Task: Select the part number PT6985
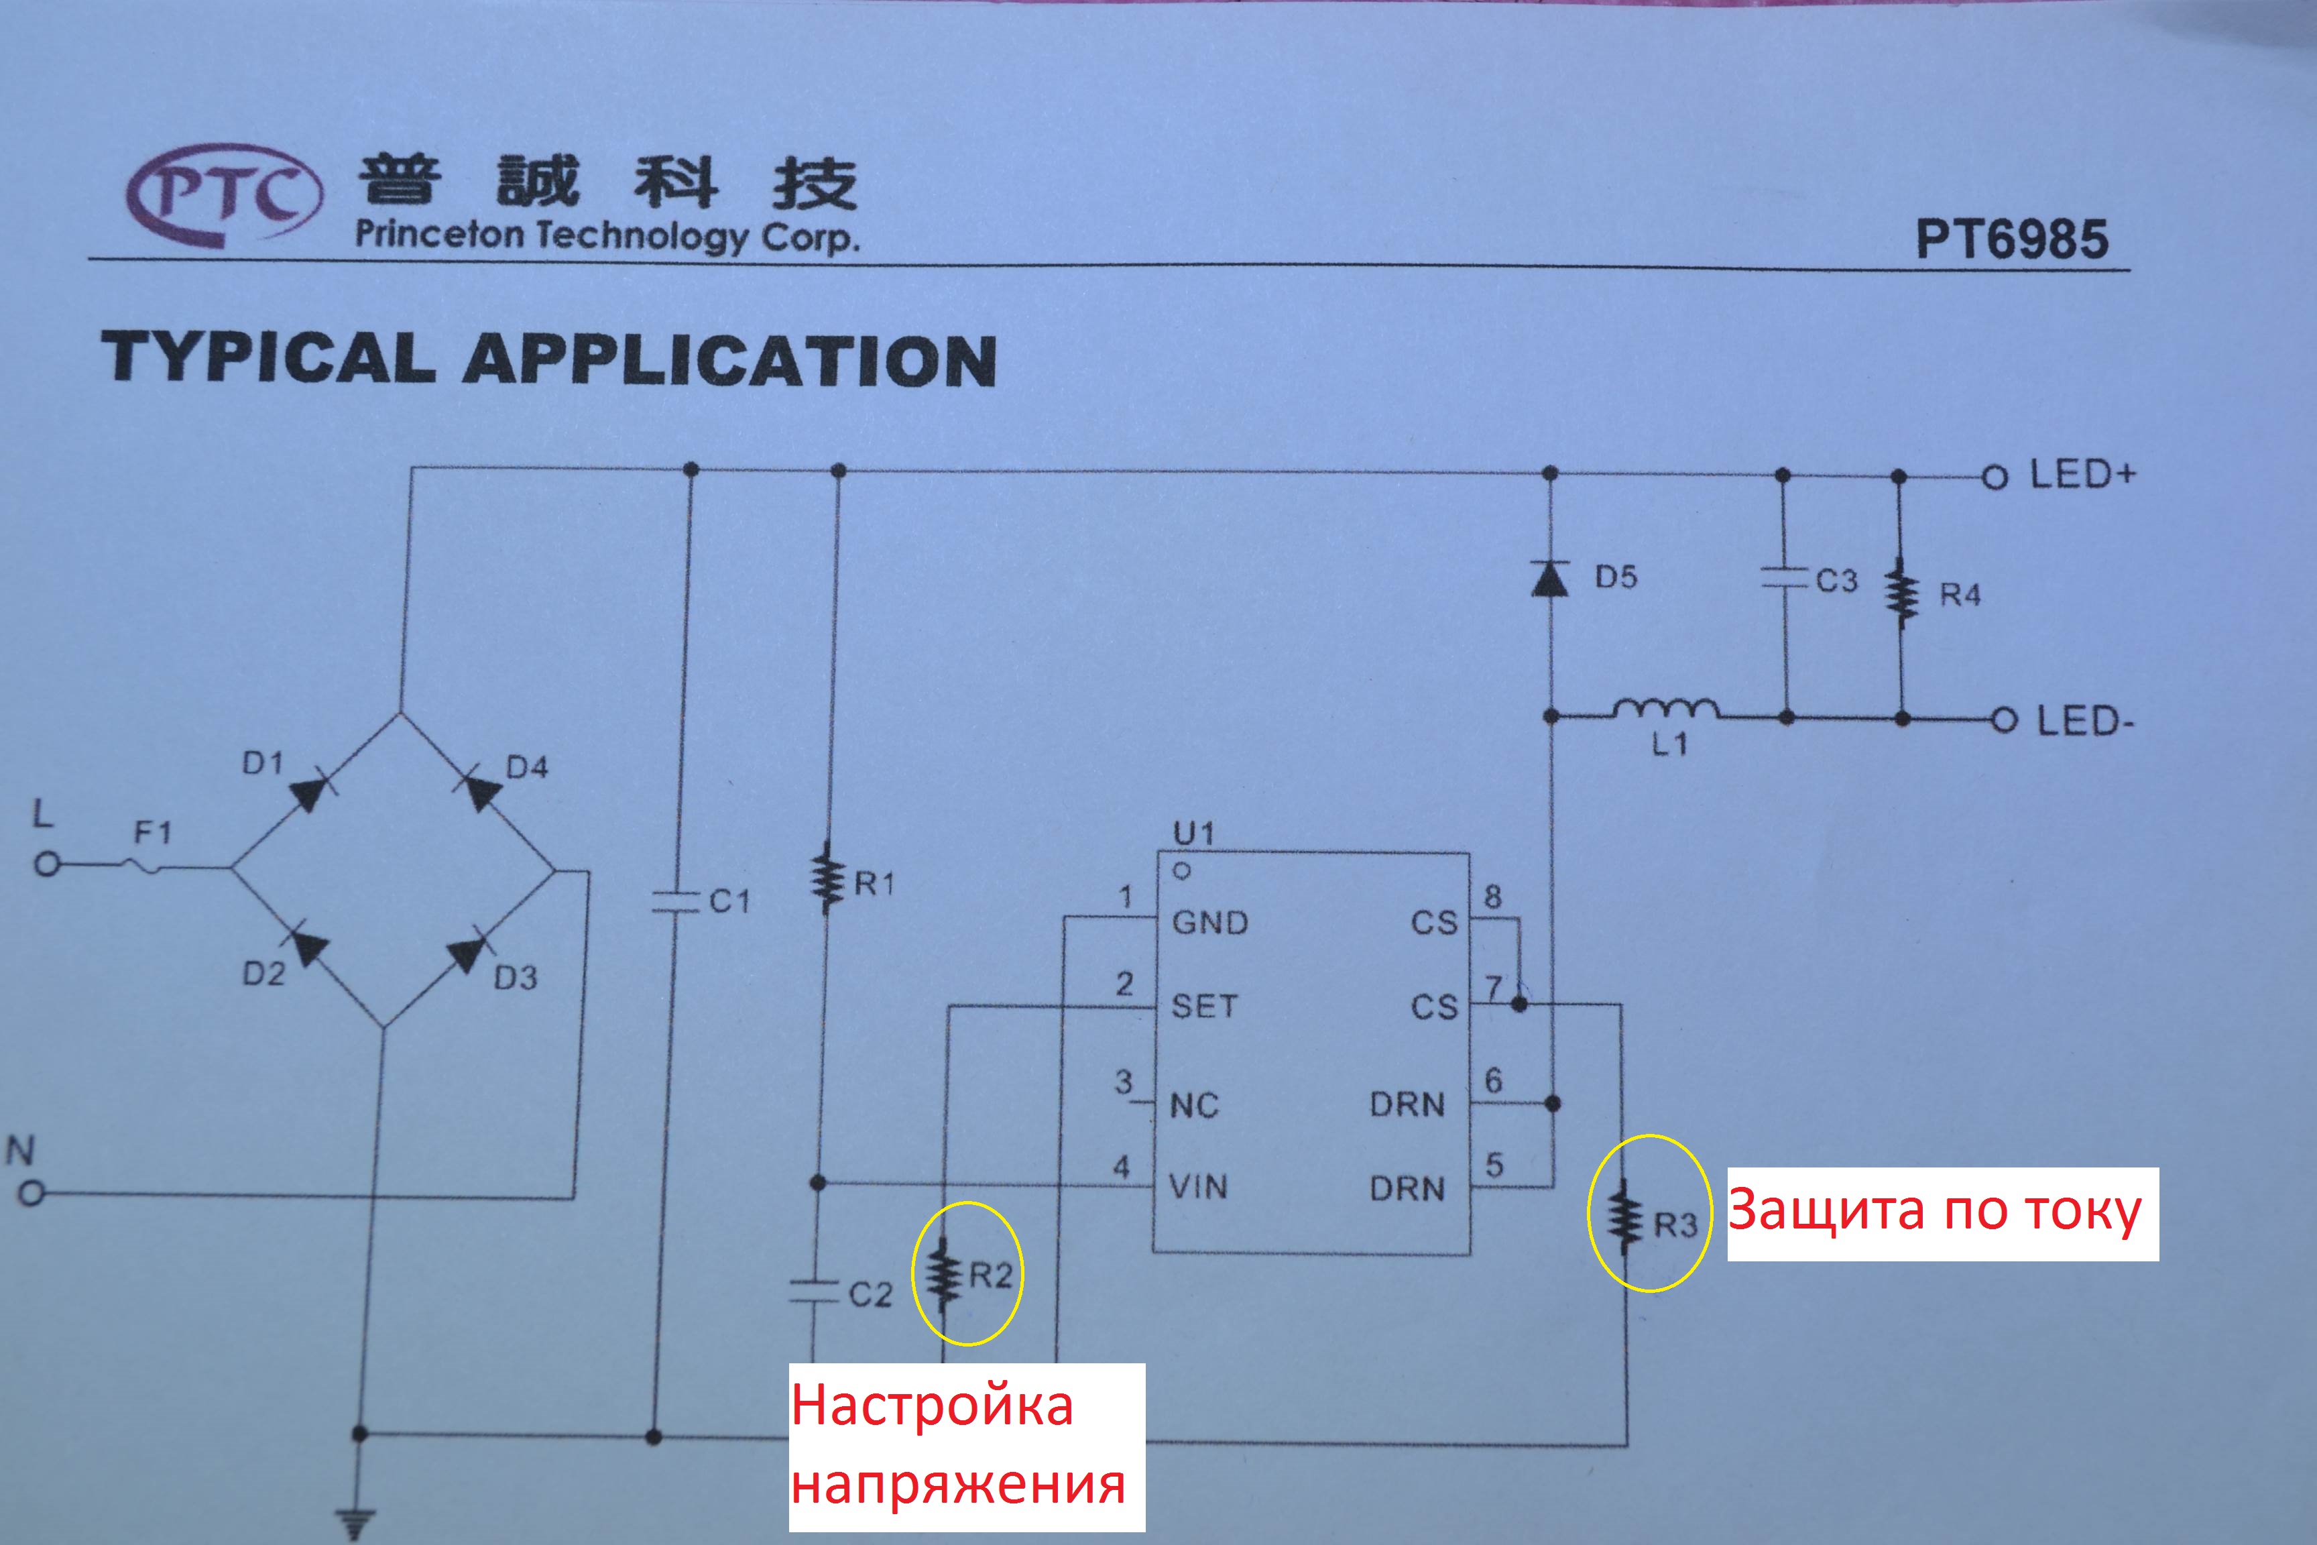(x=2011, y=239)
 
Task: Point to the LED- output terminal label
(x=2084, y=722)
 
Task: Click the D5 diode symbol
(x=1549, y=579)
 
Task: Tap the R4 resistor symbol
(x=1901, y=594)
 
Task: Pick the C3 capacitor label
(x=1837, y=581)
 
